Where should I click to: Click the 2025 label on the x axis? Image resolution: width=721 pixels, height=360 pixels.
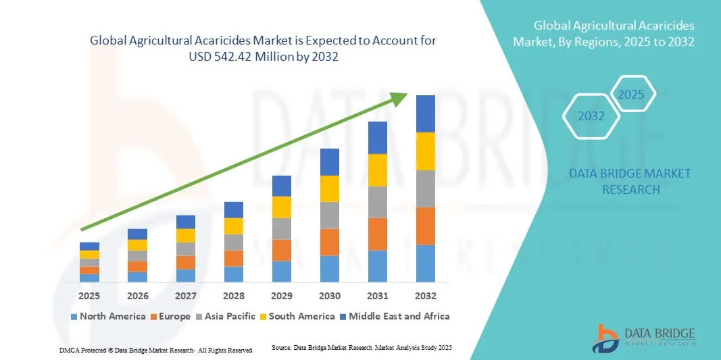(x=89, y=296)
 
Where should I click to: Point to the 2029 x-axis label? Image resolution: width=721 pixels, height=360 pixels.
(x=281, y=296)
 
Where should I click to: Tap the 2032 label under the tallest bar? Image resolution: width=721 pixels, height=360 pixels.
(x=425, y=296)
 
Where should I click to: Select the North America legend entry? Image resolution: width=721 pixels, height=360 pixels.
(x=107, y=316)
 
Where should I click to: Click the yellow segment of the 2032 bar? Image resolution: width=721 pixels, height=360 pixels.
(x=425, y=151)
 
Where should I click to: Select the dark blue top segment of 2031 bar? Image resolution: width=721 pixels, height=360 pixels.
(x=377, y=138)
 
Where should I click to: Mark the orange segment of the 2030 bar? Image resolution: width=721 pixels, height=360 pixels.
(x=329, y=242)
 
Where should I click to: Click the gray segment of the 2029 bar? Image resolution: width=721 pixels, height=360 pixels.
(x=281, y=228)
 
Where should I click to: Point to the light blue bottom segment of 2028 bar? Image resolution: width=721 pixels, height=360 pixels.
(x=233, y=274)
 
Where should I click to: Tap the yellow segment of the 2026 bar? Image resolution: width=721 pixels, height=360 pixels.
(x=137, y=245)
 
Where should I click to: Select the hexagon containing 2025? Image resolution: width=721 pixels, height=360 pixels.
(x=632, y=94)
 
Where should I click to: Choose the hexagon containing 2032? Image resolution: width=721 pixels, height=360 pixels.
(x=591, y=116)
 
